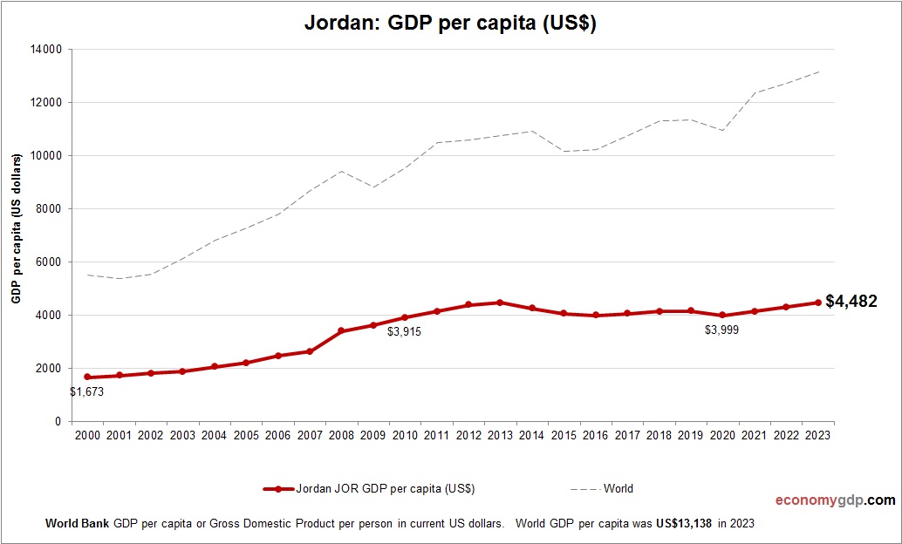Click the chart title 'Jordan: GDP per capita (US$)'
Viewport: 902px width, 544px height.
(450, 24)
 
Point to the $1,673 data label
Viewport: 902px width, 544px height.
(87, 392)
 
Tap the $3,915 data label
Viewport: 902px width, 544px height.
(405, 331)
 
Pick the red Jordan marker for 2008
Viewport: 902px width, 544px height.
(341, 331)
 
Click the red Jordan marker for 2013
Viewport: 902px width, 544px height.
(500, 303)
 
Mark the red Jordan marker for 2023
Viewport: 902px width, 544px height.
(817, 303)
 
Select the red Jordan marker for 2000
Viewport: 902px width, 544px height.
(87, 377)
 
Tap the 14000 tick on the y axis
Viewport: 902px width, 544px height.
(45, 50)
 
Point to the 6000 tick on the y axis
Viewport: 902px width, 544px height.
(49, 262)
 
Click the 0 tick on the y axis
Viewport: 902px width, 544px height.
(58, 422)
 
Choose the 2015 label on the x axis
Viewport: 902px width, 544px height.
(564, 435)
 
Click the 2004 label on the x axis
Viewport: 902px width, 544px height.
(215, 435)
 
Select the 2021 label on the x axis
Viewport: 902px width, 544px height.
(754, 435)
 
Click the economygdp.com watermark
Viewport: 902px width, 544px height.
(836, 500)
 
